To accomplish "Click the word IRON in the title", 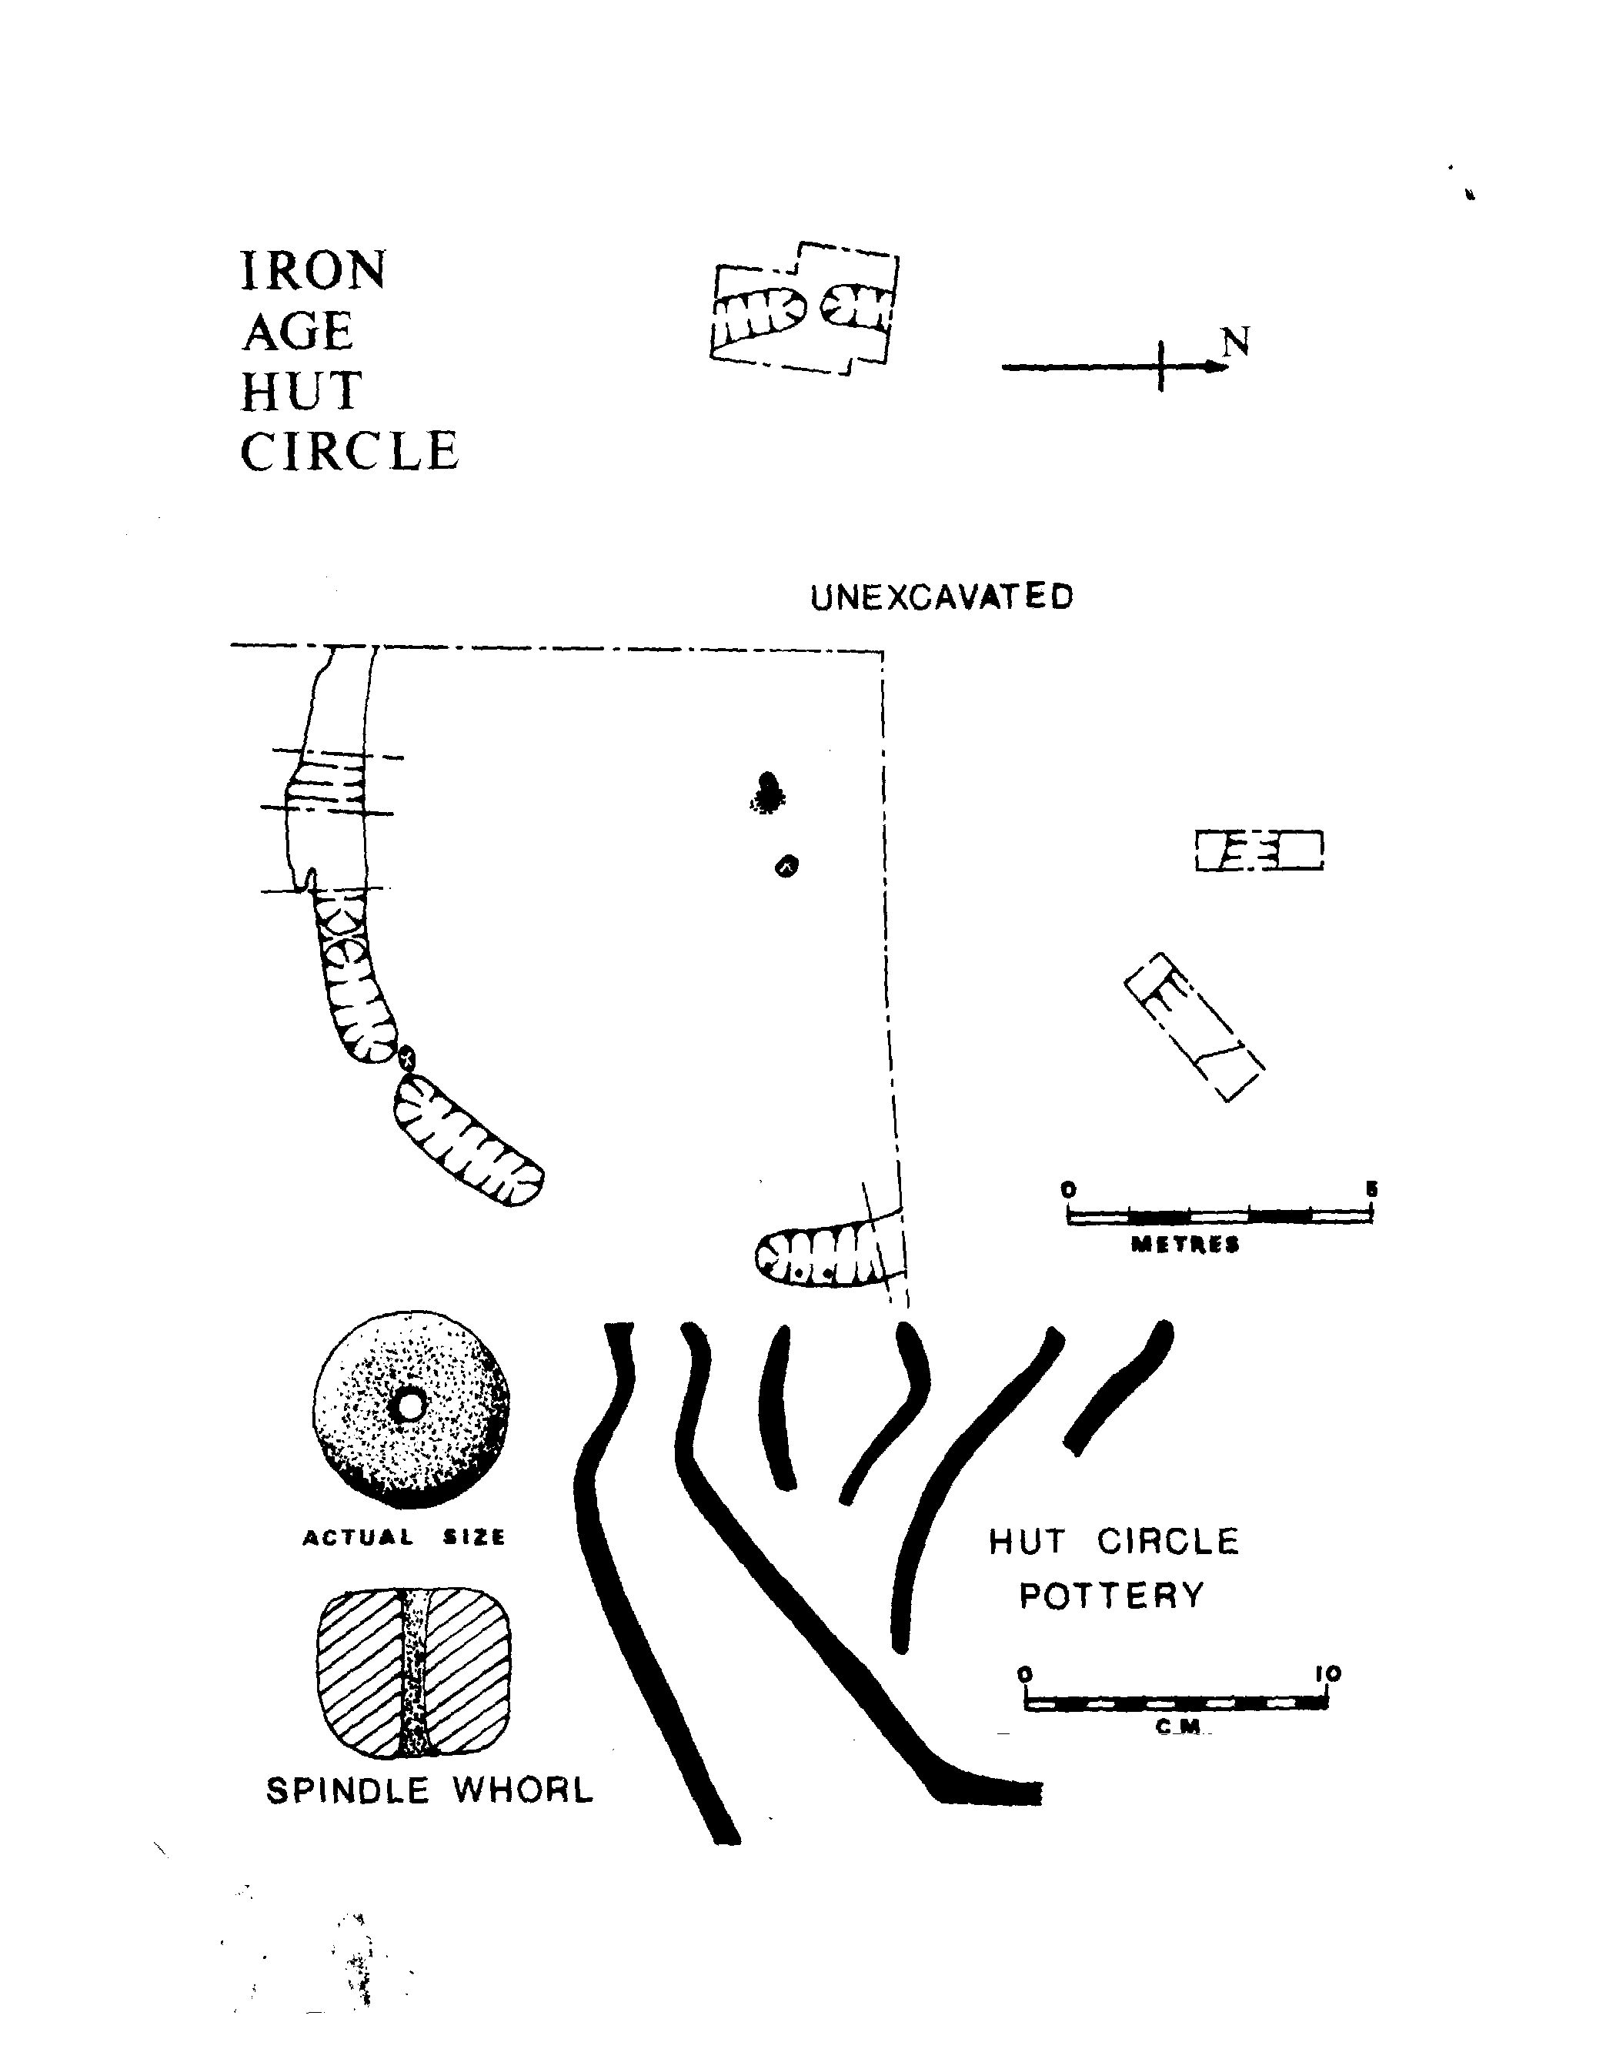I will tap(313, 272).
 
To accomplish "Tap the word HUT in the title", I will tap(301, 392).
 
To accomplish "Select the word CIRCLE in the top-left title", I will tap(349, 452).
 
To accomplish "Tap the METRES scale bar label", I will tap(1186, 1245).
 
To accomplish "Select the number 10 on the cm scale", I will tap(1327, 1674).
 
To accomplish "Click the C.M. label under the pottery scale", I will tap(1178, 1727).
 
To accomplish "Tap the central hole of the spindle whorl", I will tap(409, 1407).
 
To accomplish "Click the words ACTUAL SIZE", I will tap(404, 1538).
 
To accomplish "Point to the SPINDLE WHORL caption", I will tap(429, 1790).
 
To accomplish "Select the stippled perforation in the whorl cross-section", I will tap(413, 1673).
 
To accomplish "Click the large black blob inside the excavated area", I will tap(767, 791).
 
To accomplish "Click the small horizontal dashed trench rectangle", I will tap(1258, 850).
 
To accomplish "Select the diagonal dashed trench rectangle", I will tap(1194, 1027).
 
